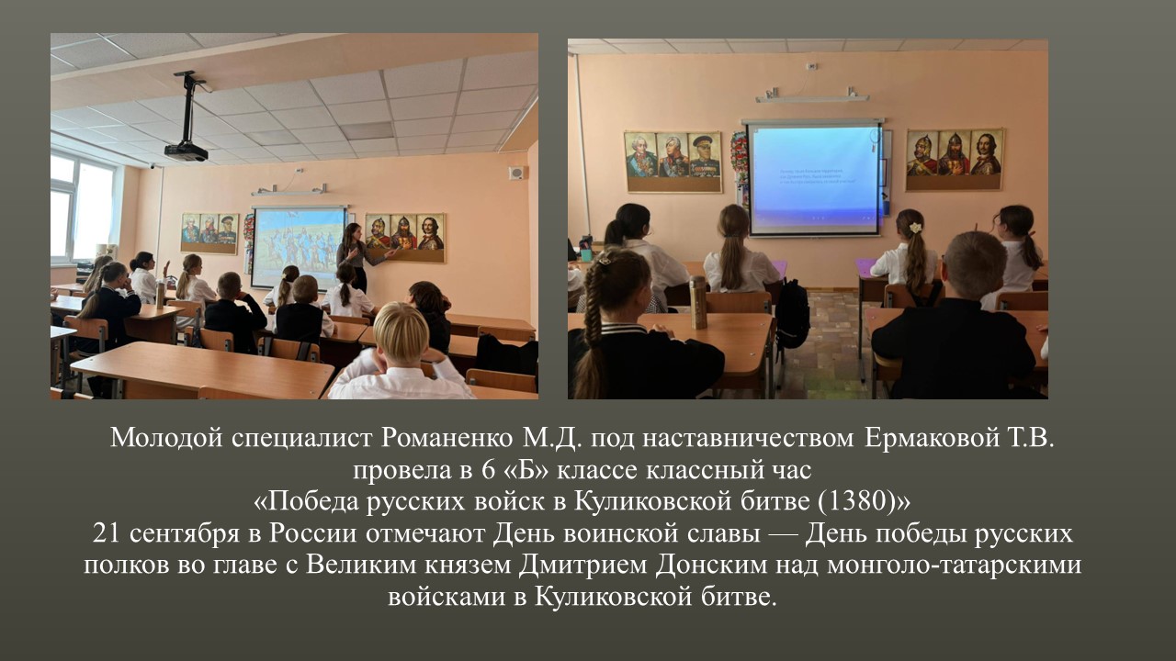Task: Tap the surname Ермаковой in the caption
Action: pos(931,438)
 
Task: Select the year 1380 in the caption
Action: pos(857,501)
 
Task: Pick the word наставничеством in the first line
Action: pos(748,438)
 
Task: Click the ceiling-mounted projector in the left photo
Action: pos(187,151)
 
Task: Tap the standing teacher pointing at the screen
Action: pos(357,257)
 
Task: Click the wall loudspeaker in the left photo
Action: pos(516,173)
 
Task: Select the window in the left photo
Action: pos(83,208)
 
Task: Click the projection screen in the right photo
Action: pos(815,178)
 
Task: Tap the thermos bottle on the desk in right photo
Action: pos(698,302)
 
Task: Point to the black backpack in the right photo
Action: pos(792,314)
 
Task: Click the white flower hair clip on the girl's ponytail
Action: pos(916,228)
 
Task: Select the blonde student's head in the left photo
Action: pos(401,332)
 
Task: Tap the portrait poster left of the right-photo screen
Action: pos(673,162)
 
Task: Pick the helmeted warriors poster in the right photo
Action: pos(955,160)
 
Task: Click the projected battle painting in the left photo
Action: pos(299,247)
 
